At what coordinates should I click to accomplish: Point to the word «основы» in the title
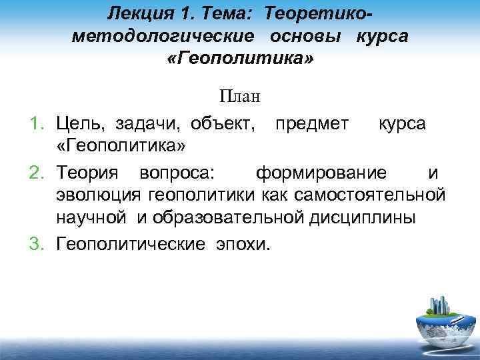(307, 35)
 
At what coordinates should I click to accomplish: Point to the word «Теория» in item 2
(87, 174)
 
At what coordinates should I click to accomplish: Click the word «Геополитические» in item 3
(131, 243)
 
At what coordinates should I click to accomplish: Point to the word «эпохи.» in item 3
(243, 243)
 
